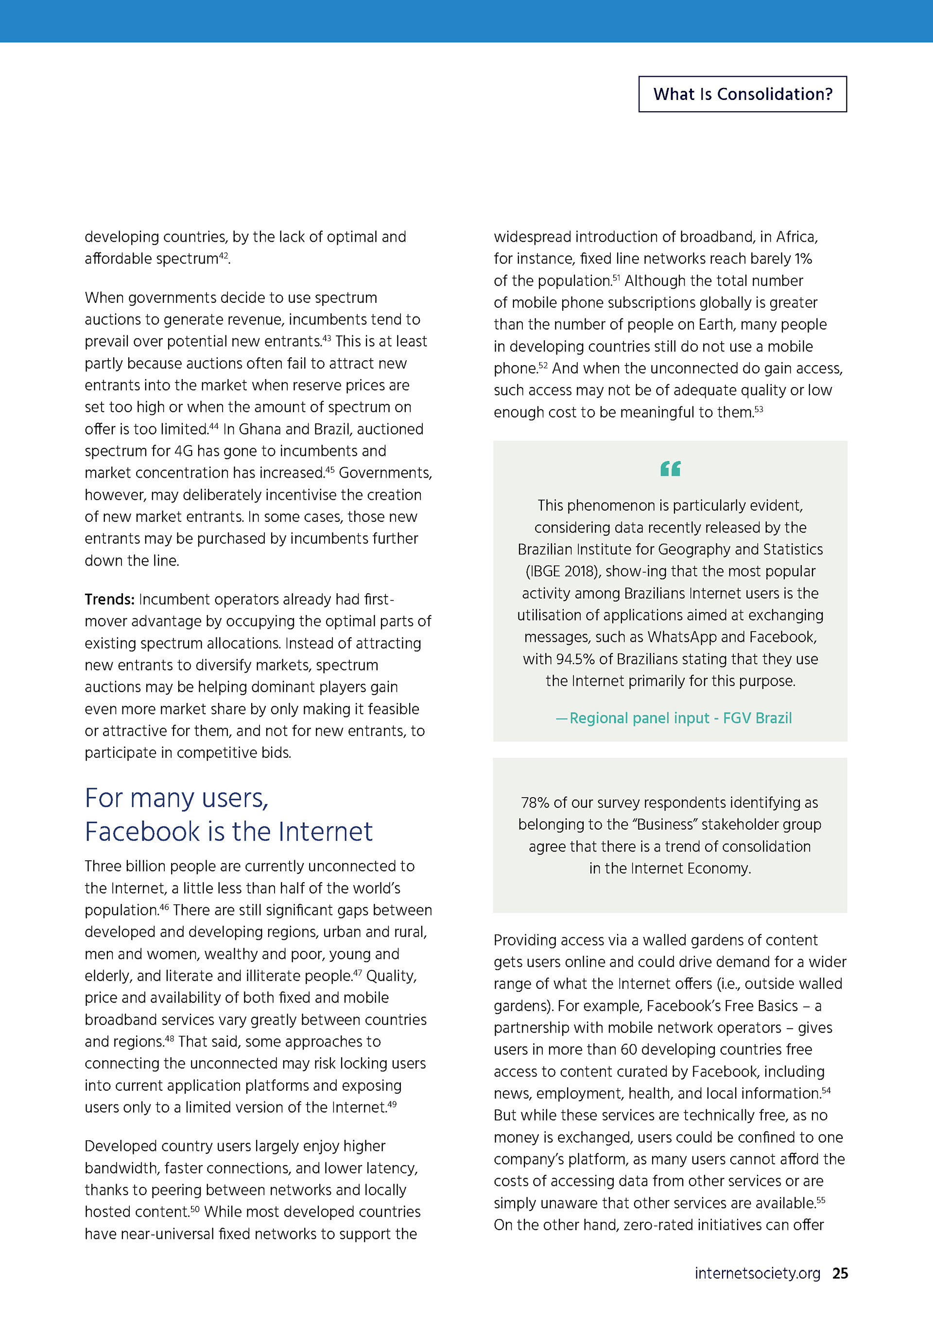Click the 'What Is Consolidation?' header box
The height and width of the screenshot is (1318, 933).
(x=742, y=94)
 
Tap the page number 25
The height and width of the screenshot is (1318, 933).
(x=840, y=1273)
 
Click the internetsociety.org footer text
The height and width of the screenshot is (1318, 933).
(x=757, y=1273)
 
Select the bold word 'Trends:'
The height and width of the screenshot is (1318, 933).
(x=109, y=600)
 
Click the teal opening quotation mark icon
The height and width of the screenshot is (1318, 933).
(x=671, y=468)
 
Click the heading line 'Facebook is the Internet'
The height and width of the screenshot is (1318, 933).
(x=229, y=832)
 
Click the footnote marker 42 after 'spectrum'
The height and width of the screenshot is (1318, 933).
(x=224, y=255)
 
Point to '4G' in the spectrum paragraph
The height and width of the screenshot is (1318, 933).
(x=183, y=451)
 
